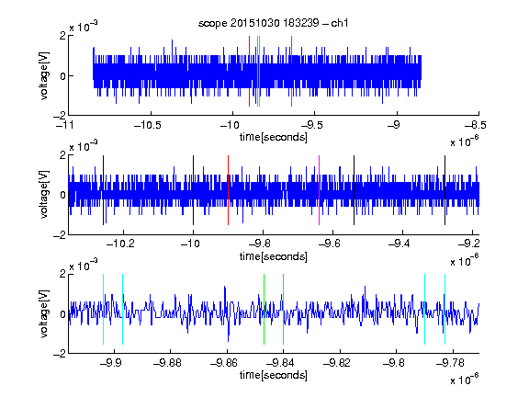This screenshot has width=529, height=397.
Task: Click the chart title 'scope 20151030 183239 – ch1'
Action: tap(273, 23)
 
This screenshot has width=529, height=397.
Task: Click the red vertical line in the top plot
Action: tap(249, 72)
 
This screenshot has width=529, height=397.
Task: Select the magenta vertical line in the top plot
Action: tap(291, 72)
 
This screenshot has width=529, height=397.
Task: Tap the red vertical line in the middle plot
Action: tap(228, 190)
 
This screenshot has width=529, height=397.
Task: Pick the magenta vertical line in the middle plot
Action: tap(320, 190)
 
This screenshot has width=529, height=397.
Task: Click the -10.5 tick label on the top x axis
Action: tap(148, 126)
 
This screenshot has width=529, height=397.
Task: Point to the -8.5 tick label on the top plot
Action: tap(476, 126)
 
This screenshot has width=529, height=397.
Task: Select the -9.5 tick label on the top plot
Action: tap(311, 126)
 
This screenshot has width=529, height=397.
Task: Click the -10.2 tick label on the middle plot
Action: tap(120, 244)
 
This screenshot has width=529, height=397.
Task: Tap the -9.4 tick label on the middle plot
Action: tap(400, 244)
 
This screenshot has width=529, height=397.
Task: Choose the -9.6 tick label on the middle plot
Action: tap(330, 244)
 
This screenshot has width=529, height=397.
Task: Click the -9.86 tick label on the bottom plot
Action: tap(224, 363)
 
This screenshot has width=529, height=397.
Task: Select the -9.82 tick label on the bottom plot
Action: tap(337, 363)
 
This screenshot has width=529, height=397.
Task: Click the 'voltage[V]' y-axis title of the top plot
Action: tap(44, 75)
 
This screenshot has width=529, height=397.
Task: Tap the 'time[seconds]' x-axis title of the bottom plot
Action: tap(274, 375)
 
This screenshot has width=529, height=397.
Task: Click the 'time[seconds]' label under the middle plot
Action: tap(274, 256)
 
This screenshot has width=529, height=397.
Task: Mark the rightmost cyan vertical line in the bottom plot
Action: tap(445, 309)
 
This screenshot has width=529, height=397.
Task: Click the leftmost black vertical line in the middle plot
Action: tap(103, 190)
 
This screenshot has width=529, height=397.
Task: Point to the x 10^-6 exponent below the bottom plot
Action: tap(465, 379)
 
